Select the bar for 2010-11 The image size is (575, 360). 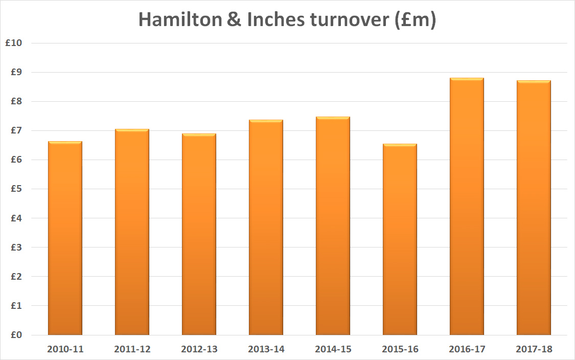[65, 238]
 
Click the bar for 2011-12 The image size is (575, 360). [132, 232]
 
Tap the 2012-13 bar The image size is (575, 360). [199, 235]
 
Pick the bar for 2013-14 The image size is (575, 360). [266, 228]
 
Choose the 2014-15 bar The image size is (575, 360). [333, 226]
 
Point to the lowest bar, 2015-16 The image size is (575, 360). [400, 240]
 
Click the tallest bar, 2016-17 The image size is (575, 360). [467, 207]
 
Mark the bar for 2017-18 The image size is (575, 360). [534, 208]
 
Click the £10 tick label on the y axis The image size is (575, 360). [13, 43]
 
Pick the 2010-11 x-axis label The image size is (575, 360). [65, 350]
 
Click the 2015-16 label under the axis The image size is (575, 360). [400, 350]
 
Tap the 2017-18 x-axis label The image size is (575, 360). [534, 350]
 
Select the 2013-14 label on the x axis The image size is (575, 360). [266, 350]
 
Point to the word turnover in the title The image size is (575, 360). [347, 20]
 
